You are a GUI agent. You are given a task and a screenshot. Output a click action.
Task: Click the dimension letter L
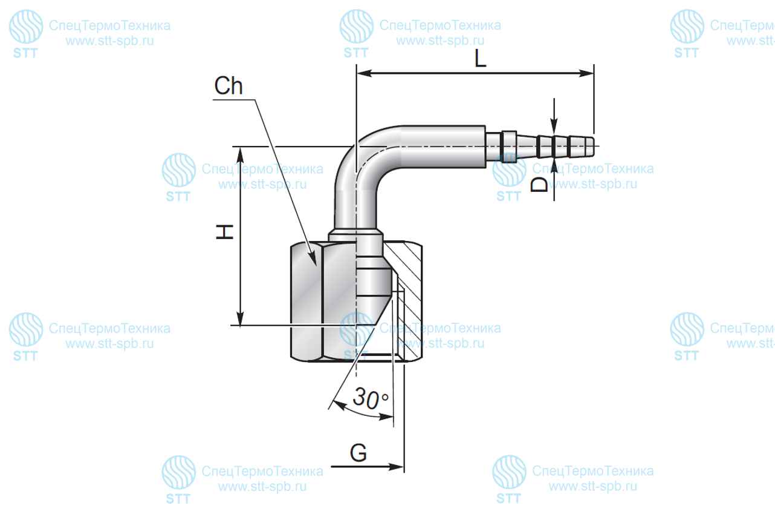pyautogui.click(x=480, y=58)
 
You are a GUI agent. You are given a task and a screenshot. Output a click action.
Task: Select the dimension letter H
pyautogui.click(x=224, y=232)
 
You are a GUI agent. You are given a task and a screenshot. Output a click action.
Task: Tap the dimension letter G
pyautogui.click(x=358, y=453)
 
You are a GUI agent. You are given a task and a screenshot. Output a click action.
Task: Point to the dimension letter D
pyautogui.click(x=540, y=185)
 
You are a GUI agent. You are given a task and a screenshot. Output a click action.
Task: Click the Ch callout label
pyautogui.click(x=229, y=85)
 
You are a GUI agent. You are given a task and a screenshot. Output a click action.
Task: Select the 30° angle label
pyautogui.click(x=371, y=398)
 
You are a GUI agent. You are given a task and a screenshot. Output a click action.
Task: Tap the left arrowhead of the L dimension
pyautogui.click(x=364, y=73)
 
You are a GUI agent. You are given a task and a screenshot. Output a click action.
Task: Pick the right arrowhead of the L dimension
pyautogui.click(x=586, y=73)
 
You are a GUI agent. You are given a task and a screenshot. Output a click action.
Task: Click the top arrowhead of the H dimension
pyautogui.click(x=240, y=154)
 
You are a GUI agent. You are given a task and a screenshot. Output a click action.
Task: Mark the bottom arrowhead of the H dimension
pyautogui.click(x=240, y=318)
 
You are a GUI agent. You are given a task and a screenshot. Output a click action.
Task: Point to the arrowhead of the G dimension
pyautogui.click(x=396, y=467)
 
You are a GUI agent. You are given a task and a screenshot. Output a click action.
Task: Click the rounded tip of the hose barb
pyautogui.click(x=592, y=147)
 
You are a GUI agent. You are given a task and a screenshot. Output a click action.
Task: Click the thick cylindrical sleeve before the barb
pyautogui.click(x=444, y=147)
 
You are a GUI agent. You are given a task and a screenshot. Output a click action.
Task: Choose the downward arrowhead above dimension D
pyautogui.click(x=554, y=126)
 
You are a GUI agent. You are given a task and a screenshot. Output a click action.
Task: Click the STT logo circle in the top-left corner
pyautogui.click(x=26, y=27)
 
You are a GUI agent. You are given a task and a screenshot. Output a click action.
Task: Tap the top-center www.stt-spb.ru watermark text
pyautogui.click(x=440, y=41)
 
